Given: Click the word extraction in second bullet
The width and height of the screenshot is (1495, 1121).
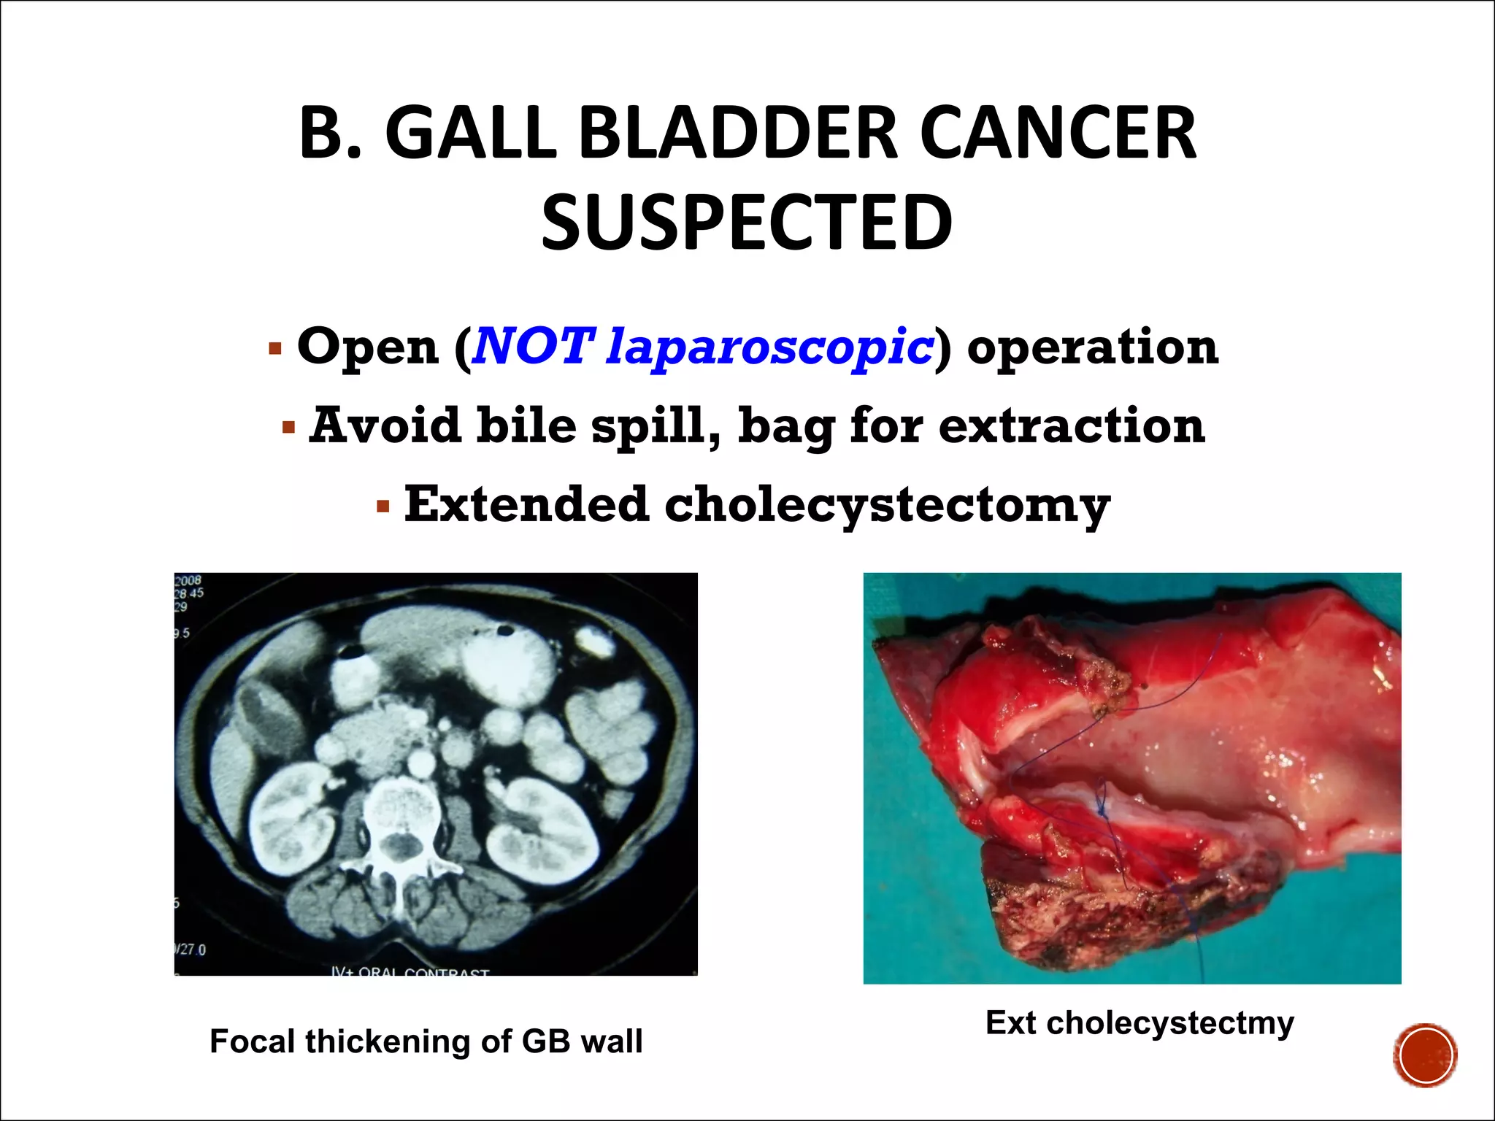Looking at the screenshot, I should pyautogui.click(x=1071, y=425).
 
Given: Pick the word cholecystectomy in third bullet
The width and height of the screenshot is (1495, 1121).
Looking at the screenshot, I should pyautogui.click(x=887, y=506).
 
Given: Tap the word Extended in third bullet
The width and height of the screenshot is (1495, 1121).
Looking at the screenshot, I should pyautogui.click(x=526, y=504).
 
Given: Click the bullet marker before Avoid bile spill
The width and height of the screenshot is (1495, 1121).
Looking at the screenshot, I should pyautogui.click(x=288, y=426).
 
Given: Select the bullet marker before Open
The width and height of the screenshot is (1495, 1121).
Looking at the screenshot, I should pyautogui.click(x=274, y=348).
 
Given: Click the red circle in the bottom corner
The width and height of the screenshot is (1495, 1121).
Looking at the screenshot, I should pyautogui.click(x=1425, y=1055).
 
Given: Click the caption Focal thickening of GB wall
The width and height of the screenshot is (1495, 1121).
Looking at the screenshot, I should pyautogui.click(x=426, y=1041).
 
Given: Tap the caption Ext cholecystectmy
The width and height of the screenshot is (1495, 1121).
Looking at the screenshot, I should pyautogui.click(x=1139, y=1022).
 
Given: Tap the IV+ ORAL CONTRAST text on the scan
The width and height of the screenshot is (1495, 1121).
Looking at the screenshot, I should pyautogui.click(x=410, y=971).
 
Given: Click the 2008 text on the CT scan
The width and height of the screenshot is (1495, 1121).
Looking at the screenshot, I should pyautogui.click(x=188, y=581).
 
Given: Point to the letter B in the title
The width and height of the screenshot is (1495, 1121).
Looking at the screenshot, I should pyautogui.click(x=321, y=134).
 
